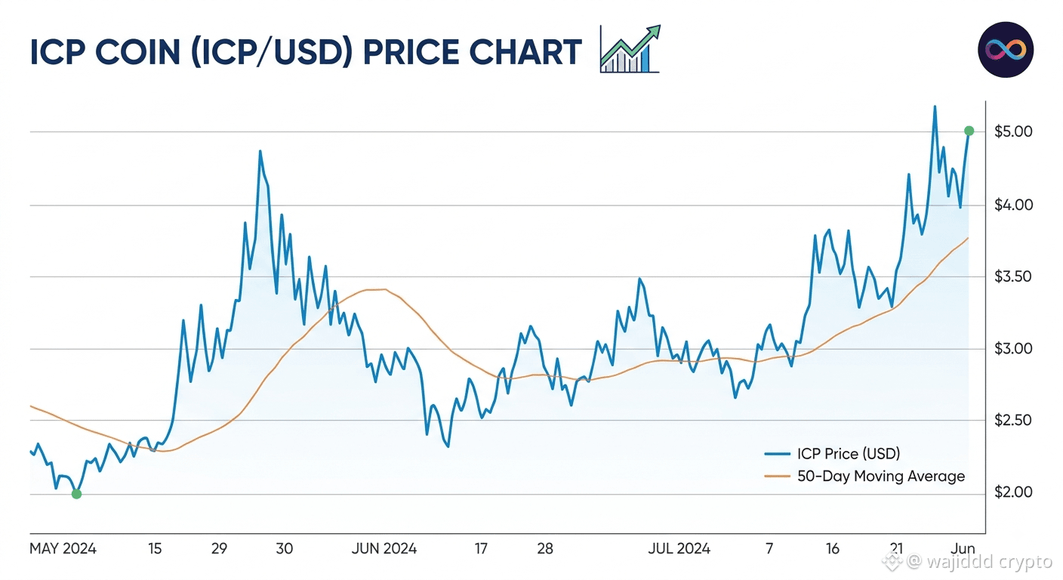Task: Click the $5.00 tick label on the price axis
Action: point(1013,131)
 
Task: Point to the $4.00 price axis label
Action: point(1013,205)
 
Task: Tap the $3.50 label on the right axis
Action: point(1012,276)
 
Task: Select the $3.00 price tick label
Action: point(1013,349)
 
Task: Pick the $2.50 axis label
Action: point(1012,420)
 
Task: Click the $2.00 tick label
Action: point(1013,492)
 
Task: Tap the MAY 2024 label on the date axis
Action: point(63,549)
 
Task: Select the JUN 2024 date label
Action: point(384,549)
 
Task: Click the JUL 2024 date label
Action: point(679,549)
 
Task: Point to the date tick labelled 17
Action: point(481,549)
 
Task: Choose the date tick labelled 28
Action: point(545,549)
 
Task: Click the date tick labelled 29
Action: point(219,549)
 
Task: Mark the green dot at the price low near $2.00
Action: point(76,494)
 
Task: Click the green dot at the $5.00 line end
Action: point(969,131)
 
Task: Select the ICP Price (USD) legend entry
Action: point(832,454)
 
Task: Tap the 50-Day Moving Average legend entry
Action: point(864,476)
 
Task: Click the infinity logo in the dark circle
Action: point(1006,50)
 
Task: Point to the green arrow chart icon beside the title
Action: point(630,49)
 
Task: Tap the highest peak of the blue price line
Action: point(935,106)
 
